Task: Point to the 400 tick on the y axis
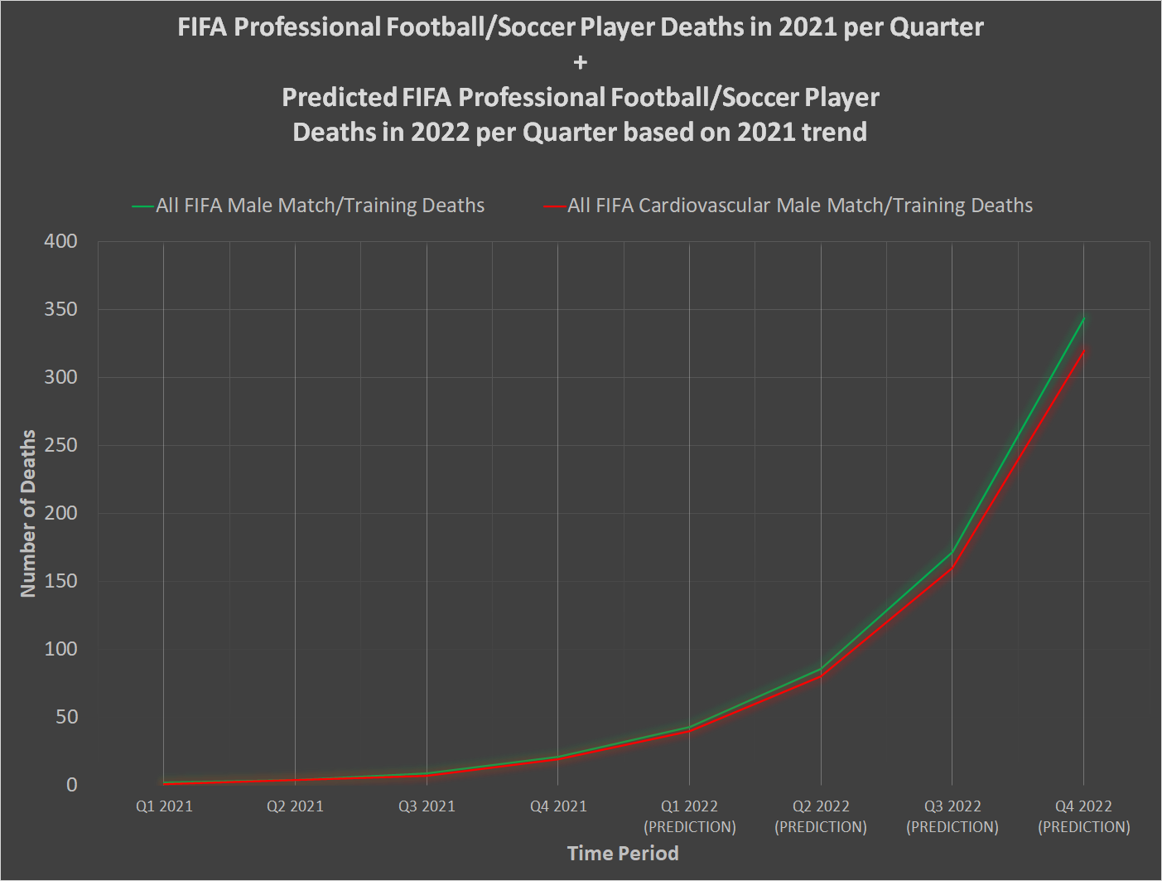point(60,241)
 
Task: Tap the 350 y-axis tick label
point(60,309)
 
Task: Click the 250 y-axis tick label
point(60,445)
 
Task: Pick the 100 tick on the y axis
point(60,649)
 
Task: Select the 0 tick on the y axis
point(72,785)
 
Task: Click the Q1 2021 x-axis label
point(164,806)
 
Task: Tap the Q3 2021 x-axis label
point(427,806)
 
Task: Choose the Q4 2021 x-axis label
point(558,806)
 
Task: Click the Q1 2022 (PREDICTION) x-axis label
point(689,816)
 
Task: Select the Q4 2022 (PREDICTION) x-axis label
point(1083,816)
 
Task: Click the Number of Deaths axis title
point(28,513)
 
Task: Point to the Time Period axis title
point(623,854)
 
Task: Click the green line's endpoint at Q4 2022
point(1083,318)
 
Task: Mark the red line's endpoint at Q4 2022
point(1083,351)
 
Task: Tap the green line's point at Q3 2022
point(952,552)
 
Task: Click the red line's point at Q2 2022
point(821,676)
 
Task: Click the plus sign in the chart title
point(580,62)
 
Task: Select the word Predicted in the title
point(340,97)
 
